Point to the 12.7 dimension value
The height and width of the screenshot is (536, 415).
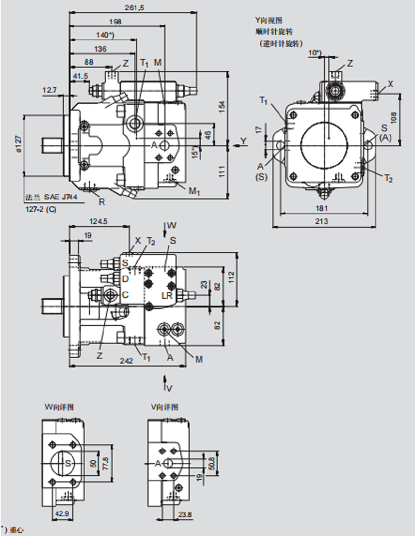click(50, 90)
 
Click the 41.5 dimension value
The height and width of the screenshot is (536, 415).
click(80, 76)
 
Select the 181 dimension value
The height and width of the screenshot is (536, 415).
click(322, 208)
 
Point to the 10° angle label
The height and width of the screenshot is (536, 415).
click(315, 52)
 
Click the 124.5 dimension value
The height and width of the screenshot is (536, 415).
click(99, 221)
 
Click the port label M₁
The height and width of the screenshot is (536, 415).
click(194, 192)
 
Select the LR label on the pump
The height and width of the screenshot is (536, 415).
click(167, 295)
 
